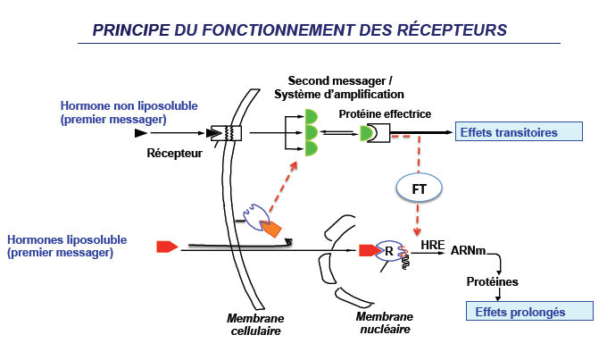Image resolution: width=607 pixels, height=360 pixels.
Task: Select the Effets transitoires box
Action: pyautogui.click(x=519, y=132)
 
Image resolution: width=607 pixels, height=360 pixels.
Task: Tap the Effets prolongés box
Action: pyautogui.click(x=531, y=311)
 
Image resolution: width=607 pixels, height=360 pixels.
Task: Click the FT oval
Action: pyautogui.click(x=418, y=190)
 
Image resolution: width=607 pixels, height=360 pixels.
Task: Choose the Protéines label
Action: pyautogui.click(x=492, y=282)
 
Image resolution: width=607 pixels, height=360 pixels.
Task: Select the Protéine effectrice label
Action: pyautogui.click(x=385, y=113)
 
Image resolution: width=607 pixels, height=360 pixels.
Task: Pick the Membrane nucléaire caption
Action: pyautogui.click(x=385, y=322)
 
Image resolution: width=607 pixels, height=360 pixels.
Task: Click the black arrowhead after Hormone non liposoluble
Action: pyautogui.click(x=140, y=132)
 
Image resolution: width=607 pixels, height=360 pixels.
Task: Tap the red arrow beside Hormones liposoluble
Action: pyautogui.click(x=167, y=246)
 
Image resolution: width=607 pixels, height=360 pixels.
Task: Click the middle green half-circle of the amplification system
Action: pyautogui.click(x=312, y=132)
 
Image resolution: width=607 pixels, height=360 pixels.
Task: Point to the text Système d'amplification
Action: pyautogui.click(x=339, y=94)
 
